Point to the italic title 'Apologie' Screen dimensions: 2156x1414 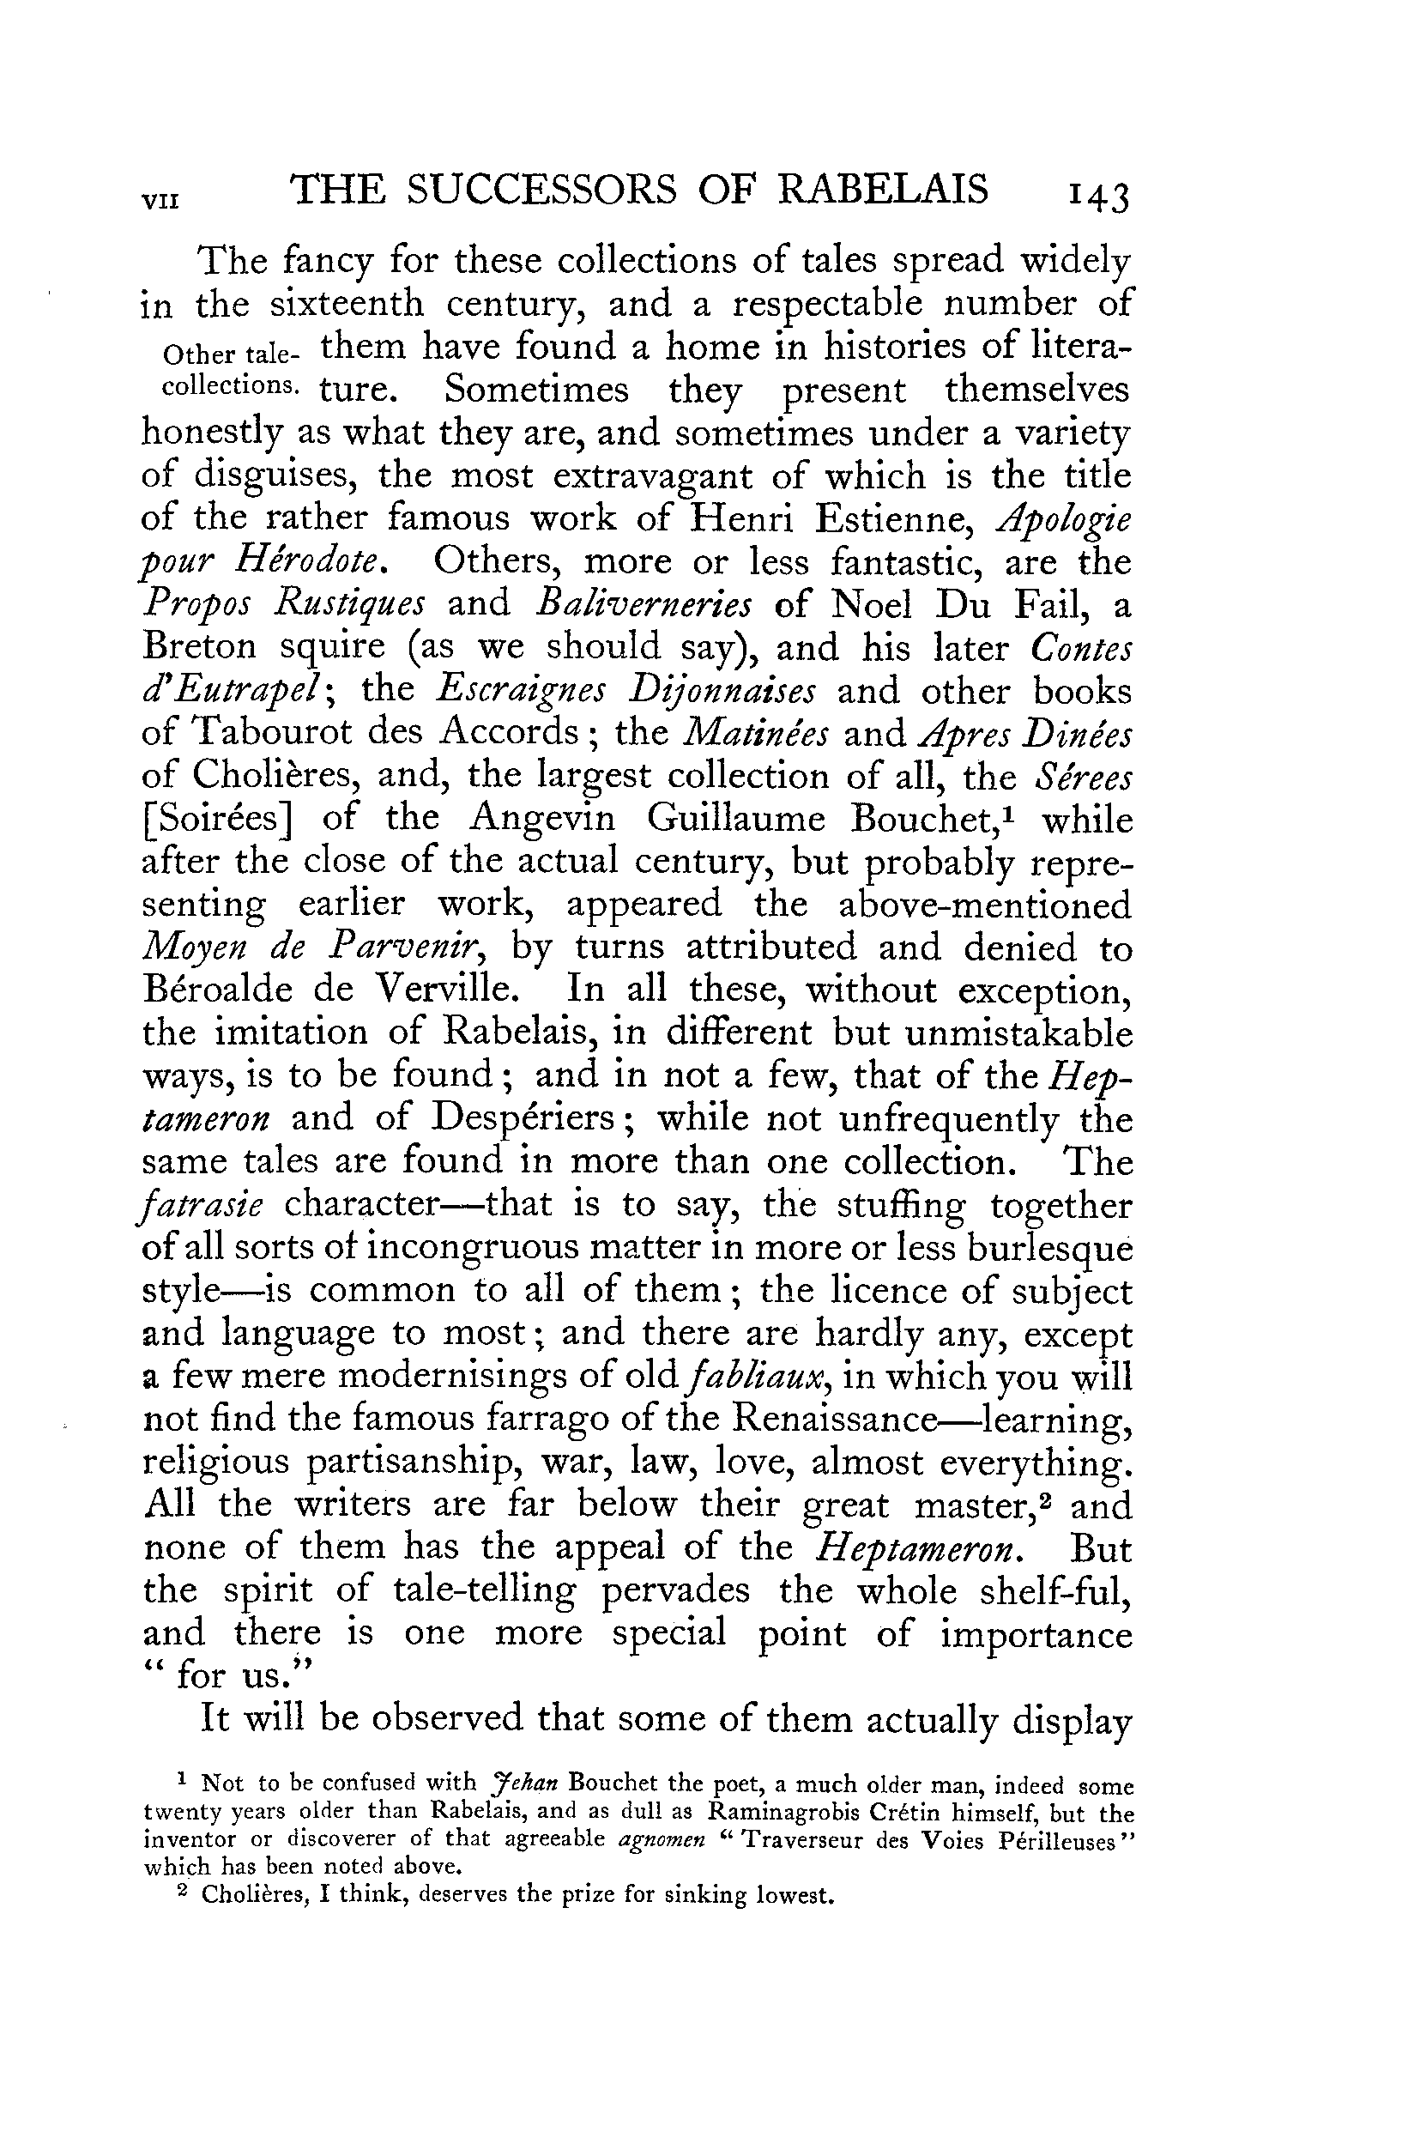(x=1063, y=520)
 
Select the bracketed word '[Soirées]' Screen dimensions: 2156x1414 (x=216, y=819)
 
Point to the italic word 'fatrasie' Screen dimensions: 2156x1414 (x=202, y=1206)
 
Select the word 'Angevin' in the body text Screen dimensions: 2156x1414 (x=542, y=818)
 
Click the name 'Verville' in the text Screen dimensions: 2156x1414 (x=448, y=990)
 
